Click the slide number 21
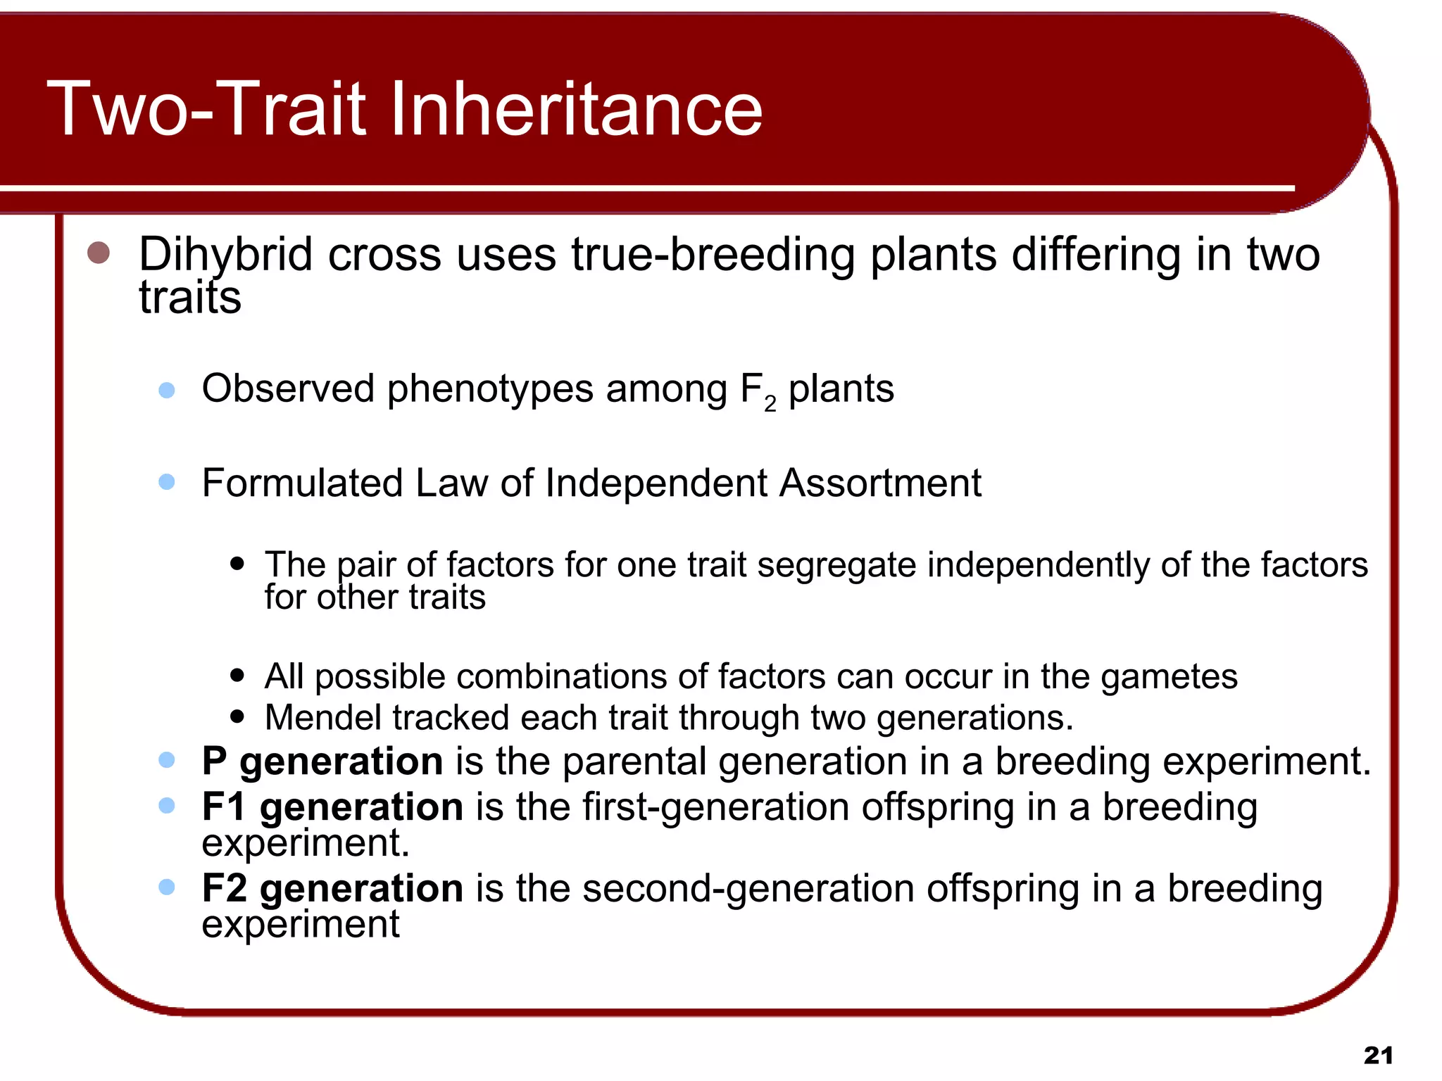coord(1378,1055)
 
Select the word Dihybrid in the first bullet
coord(225,255)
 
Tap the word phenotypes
coord(489,389)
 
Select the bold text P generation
coord(322,761)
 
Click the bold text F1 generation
coord(332,807)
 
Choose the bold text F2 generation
coord(332,888)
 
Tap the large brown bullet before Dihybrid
coord(99,253)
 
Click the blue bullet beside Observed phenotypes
coord(167,390)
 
